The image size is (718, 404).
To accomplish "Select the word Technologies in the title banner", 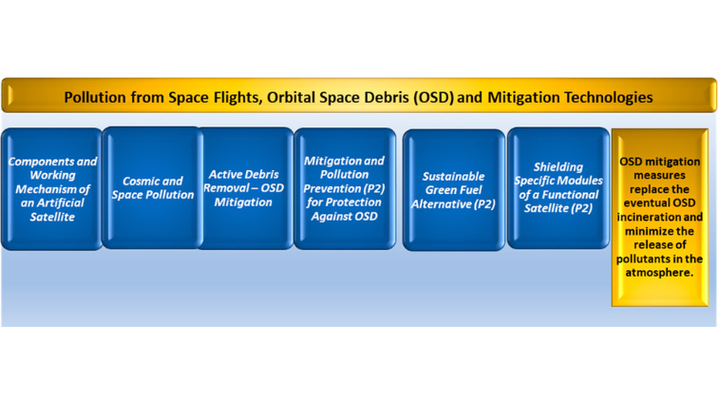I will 605,97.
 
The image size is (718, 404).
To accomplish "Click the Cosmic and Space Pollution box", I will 152,188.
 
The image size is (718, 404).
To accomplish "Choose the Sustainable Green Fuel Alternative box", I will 453,190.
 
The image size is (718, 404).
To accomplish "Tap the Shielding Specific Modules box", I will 557,188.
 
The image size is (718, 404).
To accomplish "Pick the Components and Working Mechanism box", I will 52,188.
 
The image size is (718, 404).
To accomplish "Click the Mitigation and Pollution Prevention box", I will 344,188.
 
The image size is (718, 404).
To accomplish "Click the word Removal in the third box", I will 228,188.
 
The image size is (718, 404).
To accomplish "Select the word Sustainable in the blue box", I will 453,176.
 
